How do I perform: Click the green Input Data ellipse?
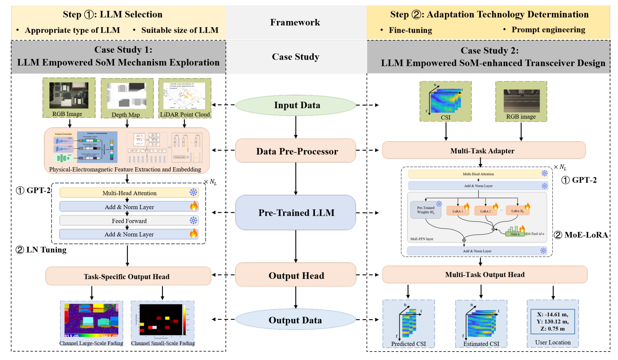tap(295, 105)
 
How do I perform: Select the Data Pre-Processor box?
tap(295, 151)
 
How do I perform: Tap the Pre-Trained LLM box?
tap(295, 213)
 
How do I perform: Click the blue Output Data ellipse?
tap(295, 320)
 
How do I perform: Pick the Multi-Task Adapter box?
tap(483, 150)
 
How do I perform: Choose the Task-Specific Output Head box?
tap(128, 276)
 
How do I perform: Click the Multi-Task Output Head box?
tap(485, 275)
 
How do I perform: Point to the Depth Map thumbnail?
tap(127, 96)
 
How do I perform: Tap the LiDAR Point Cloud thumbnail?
tap(184, 96)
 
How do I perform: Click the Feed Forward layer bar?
tap(129, 221)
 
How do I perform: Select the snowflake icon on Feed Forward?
tap(193, 220)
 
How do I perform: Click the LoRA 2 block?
tap(485, 211)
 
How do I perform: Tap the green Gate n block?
tap(515, 233)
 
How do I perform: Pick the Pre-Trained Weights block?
tap(425, 210)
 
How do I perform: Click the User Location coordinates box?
tap(552, 322)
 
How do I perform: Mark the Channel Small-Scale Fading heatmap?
tap(162, 320)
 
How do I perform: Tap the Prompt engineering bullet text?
tap(548, 30)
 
